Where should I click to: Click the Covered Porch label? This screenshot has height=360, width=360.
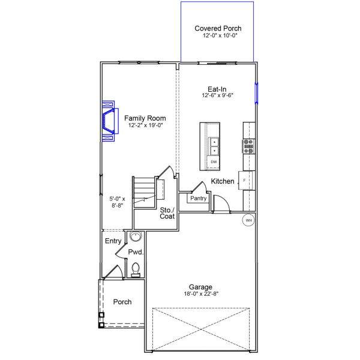point(217,28)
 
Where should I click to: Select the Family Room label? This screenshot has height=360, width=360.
point(145,118)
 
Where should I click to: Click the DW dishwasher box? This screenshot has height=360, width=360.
point(214,162)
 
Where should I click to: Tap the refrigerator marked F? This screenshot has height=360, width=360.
point(245,179)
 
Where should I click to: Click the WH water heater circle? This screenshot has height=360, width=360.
point(248,221)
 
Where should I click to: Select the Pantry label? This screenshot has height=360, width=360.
point(198,198)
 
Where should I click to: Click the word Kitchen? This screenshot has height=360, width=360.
point(223,181)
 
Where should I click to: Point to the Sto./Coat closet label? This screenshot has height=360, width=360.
point(167,213)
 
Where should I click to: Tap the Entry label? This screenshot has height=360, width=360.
point(113,241)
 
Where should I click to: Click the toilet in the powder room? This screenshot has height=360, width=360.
point(136,269)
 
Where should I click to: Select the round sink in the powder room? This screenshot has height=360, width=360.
point(136,236)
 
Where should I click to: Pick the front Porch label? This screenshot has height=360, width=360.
point(122,302)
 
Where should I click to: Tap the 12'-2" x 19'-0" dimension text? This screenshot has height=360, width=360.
point(145,126)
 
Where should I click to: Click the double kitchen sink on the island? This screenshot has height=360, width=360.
point(214,145)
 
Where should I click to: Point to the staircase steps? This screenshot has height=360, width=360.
point(142,191)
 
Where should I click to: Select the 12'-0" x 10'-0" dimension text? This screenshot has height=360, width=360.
point(217,36)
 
